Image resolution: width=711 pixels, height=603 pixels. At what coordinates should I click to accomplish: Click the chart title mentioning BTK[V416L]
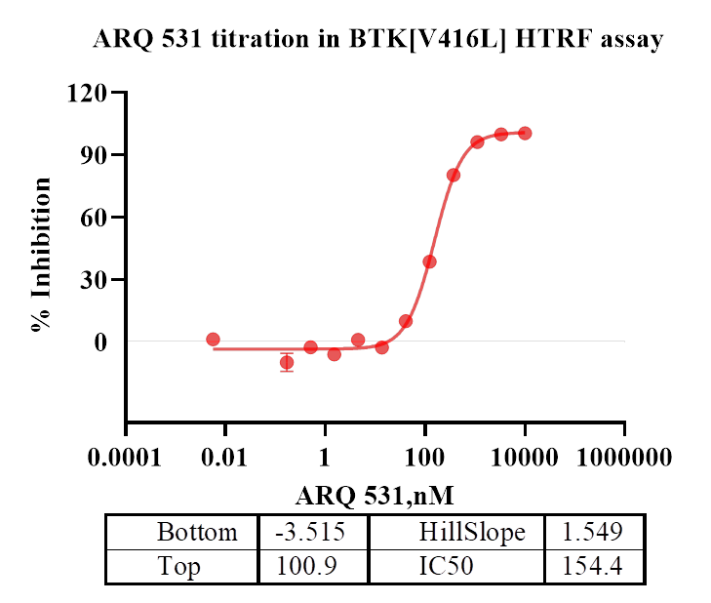pyautogui.click(x=377, y=40)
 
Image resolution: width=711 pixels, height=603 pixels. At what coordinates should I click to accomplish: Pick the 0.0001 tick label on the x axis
pyautogui.click(x=125, y=458)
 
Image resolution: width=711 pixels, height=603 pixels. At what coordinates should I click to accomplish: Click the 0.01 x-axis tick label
pyautogui.click(x=225, y=458)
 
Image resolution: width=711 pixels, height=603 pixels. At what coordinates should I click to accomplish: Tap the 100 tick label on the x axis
pyautogui.click(x=424, y=458)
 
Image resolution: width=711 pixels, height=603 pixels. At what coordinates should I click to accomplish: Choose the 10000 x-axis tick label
pyautogui.click(x=525, y=458)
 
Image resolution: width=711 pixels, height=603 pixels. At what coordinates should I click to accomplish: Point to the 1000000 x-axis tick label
pyautogui.click(x=624, y=458)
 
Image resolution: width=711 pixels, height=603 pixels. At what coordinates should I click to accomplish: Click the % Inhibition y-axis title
pyautogui.click(x=41, y=256)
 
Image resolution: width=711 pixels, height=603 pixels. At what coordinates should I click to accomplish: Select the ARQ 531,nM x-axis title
pyautogui.click(x=375, y=495)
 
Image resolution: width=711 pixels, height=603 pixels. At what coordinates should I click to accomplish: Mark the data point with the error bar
pyautogui.click(x=287, y=362)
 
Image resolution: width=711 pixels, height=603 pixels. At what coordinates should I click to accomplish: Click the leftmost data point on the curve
pyautogui.click(x=213, y=340)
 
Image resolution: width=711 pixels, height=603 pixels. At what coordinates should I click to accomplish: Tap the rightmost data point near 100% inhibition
pyautogui.click(x=525, y=133)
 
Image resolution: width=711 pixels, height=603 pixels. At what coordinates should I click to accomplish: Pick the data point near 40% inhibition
pyautogui.click(x=429, y=261)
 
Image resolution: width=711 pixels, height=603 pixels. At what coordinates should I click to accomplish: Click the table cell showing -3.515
pyautogui.click(x=313, y=533)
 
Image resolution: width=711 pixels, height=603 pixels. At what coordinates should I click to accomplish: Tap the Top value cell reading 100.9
pyautogui.click(x=313, y=566)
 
